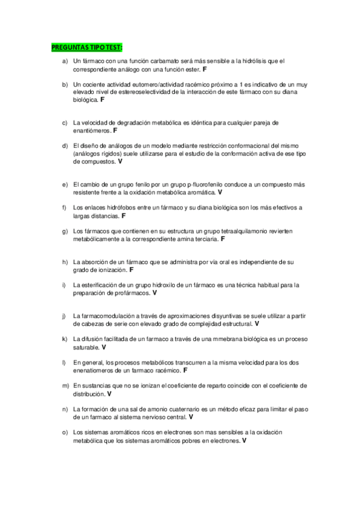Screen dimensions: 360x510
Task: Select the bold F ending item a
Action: coord(205,70)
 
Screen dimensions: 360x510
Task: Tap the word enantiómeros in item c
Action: coord(92,131)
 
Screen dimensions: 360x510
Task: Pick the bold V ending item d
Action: coord(120,161)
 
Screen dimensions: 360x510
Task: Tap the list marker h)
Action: coord(65,262)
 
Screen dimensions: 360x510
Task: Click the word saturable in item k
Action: coord(86,348)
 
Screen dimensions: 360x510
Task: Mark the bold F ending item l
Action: coord(185,370)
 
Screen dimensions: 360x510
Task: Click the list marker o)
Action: coord(65,432)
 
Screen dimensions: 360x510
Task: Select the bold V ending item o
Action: coord(244,440)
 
